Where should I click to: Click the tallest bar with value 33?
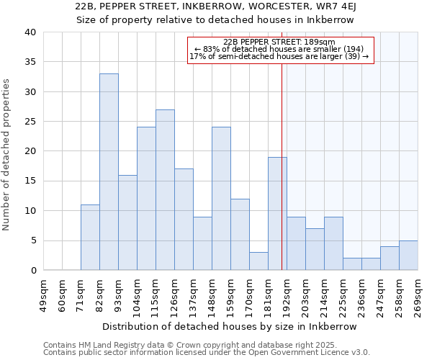pyautogui.click(x=109, y=172)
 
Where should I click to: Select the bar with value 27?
pyautogui.click(x=165, y=190)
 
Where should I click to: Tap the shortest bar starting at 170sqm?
pyautogui.click(x=258, y=261)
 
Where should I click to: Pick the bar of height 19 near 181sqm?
pyautogui.click(x=277, y=214)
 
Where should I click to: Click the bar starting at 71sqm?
pyautogui.click(x=90, y=238)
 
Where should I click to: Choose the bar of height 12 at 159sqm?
pyautogui.click(x=240, y=235)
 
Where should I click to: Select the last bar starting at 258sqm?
pyautogui.click(x=408, y=256)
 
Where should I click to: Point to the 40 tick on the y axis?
pyautogui.click(x=30, y=32)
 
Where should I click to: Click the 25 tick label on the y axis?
pyautogui.click(x=30, y=122)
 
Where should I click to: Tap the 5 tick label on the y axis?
pyautogui.click(x=32, y=240)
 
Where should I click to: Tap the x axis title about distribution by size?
pyautogui.click(x=230, y=326)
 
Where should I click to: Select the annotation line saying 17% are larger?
pyautogui.click(x=279, y=56)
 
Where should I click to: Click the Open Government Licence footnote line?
pyautogui.click(x=207, y=352)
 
